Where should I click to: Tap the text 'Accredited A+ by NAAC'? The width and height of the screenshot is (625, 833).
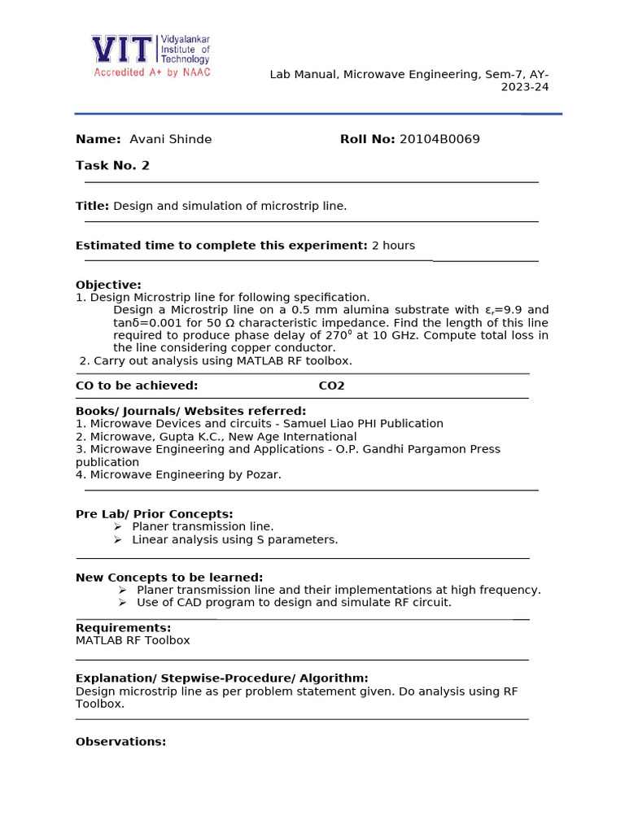[152, 72]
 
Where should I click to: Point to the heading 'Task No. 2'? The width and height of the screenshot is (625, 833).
[112, 166]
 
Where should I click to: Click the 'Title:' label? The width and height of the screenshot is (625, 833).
[92, 206]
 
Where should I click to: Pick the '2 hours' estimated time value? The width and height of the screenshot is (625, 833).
[393, 246]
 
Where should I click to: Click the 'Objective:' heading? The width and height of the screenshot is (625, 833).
[108, 285]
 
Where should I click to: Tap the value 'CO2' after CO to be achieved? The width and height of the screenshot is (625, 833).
[331, 386]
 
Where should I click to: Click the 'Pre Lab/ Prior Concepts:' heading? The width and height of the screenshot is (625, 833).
[154, 514]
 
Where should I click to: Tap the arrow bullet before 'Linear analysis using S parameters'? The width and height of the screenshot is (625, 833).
[119, 539]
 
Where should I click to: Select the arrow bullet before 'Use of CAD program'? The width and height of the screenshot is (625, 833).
[122, 603]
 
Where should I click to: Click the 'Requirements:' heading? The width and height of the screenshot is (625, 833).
[123, 628]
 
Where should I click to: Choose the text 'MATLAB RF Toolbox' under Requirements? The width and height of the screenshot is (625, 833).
[133, 640]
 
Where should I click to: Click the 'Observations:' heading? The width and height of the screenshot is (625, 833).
[120, 742]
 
